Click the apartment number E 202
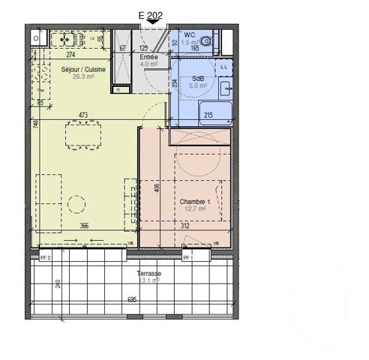tap(153, 13)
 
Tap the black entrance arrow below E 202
tap(154, 23)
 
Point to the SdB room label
tap(197, 78)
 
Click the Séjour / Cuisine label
tap(83, 69)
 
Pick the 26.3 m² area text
tap(83, 76)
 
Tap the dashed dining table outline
tap(85, 137)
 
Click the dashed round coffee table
tap(75, 204)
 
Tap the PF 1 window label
tap(187, 258)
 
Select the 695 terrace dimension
tap(133, 299)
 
